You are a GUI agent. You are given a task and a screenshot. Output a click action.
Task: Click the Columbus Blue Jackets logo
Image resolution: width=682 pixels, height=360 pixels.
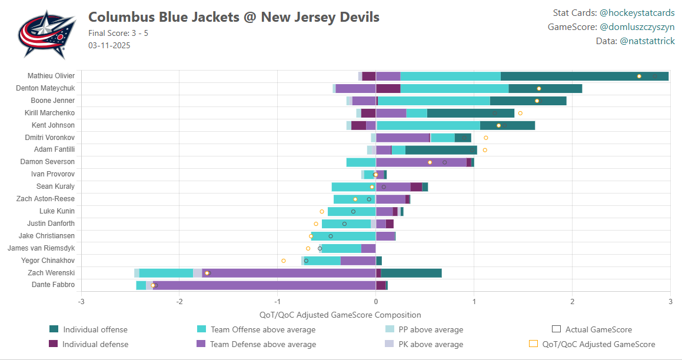pyautogui.click(x=46, y=34)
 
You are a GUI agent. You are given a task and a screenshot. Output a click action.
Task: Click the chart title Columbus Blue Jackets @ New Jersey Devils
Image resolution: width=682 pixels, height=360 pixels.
pyautogui.click(x=234, y=17)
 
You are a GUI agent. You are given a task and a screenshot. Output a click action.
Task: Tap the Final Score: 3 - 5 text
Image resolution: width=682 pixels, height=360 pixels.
pyautogui.click(x=118, y=33)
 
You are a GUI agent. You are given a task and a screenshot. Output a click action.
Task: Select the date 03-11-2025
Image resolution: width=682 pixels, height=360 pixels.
pyautogui.click(x=109, y=45)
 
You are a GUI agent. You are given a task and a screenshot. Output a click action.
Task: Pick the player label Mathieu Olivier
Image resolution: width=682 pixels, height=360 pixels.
pyautogui.click(x=51, y=76)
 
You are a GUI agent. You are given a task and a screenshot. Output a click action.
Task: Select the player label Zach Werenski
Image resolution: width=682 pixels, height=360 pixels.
pyautogui.click(x=51, y=273)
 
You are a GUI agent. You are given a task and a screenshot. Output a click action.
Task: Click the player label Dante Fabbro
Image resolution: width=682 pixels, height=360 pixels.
pyautogui.click(x=53, y=285)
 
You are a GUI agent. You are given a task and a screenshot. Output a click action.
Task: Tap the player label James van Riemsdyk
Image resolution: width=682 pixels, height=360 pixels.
pyautogui.click(x=41, y=248)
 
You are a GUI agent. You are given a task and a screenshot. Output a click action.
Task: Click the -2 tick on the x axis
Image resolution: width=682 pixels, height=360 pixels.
pyautogui.click(x=179, y=302)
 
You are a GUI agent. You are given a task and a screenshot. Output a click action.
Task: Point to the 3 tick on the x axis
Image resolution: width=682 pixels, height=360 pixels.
pyautogui.click(x=670, y=302)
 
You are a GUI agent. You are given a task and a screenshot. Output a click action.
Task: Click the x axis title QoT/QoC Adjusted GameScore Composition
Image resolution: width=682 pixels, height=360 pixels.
pyautogui.click(x=340, y=315)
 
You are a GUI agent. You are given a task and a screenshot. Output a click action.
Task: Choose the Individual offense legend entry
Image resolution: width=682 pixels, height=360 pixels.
pyautogui.click(x=95, y=329)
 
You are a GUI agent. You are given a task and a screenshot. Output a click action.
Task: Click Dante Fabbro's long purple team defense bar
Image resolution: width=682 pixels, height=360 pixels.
pyautogui.click(x=265, y=285)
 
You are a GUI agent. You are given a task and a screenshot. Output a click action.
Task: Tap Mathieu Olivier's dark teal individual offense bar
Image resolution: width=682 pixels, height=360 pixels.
pyautogui.click(x=584, y=76)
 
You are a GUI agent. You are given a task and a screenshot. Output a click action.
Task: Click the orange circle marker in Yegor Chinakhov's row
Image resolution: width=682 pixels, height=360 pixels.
pyautogui.click(x=284, y=261)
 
